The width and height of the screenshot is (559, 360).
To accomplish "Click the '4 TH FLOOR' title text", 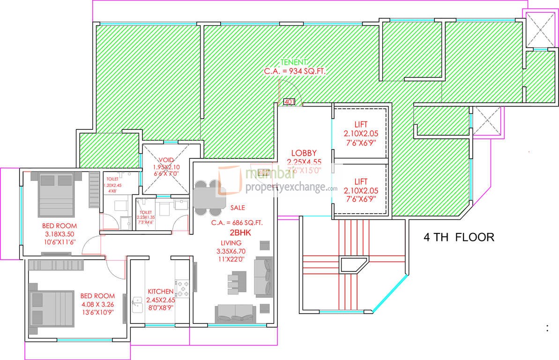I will [458, 237].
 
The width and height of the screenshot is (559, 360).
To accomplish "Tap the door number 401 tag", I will [289, 101].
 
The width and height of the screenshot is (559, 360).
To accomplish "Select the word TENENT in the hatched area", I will [294, 62].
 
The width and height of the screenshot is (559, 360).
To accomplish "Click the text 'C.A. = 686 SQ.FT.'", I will [237, 223].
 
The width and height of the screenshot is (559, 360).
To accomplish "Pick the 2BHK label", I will [238, 233].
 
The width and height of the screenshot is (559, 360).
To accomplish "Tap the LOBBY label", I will [304, 153].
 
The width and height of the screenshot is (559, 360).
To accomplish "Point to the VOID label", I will [166, 159].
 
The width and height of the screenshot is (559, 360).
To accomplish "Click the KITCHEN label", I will [160, 291].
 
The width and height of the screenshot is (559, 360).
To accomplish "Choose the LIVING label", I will [231, 243].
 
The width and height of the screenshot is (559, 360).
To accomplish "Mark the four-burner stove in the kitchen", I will [181, 288].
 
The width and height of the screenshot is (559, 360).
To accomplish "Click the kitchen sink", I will [138, 305].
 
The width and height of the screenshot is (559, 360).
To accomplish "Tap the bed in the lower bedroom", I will [51, 305].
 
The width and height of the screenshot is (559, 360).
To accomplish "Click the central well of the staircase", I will [353, 265].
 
